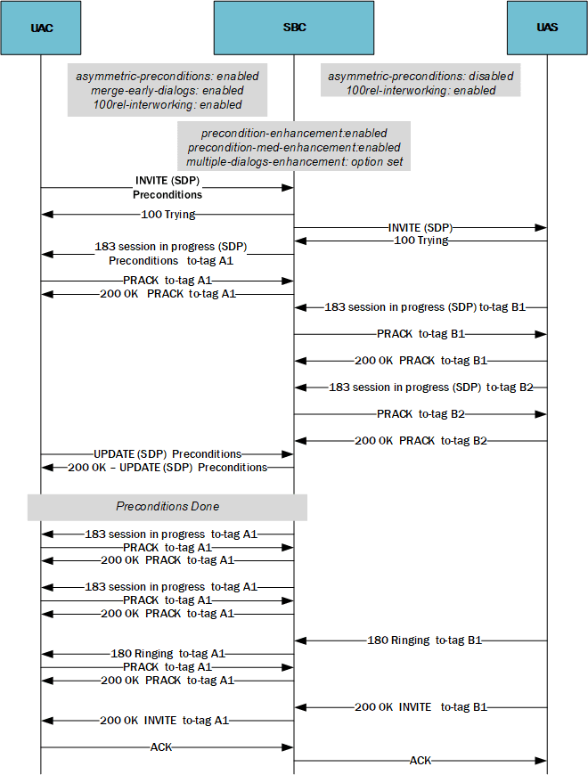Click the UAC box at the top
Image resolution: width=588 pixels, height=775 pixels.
pos(41,28)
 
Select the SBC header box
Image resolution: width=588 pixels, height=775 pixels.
pos(294,28)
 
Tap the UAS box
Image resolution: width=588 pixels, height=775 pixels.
pos(547,28)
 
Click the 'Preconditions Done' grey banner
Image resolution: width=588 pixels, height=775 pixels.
pos(167,507)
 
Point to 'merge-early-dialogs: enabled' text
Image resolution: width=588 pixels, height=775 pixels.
pos(167,90)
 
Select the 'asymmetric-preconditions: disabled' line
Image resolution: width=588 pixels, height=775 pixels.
pos(421,77)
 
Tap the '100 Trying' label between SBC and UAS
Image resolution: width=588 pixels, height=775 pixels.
pos(421,241)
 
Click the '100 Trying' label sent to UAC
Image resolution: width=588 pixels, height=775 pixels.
pos(167,215)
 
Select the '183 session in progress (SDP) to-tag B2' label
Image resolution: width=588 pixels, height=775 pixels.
pos(431,387)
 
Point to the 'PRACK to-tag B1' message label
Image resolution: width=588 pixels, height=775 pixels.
pos(421,334)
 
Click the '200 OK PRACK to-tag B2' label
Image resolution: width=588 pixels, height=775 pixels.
pos(421,441)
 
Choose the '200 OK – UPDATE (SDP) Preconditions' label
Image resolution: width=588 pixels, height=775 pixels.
pos(167,468)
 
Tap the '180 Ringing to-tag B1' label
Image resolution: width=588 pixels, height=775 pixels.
pos(424,640)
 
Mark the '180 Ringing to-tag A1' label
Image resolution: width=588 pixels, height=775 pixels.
pos(167,654)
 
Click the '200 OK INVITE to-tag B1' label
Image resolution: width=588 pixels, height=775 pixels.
pos(421,707)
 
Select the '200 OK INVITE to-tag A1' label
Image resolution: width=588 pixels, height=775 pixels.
pos(167,721)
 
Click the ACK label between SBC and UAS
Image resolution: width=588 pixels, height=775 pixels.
pos(421,761)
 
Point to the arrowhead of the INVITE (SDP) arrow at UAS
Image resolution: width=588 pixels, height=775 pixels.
pos(542,228)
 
